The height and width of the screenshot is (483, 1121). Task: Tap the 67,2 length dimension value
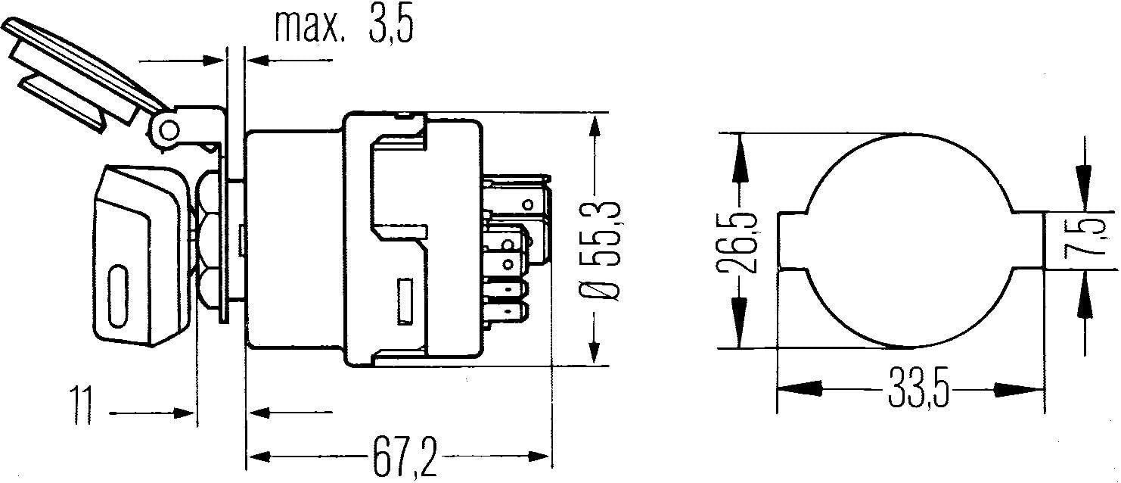pos(404,457)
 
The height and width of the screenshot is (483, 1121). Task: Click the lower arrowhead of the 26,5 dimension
pos(738,322)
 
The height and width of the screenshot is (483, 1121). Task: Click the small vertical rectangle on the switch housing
pos(405,301)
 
